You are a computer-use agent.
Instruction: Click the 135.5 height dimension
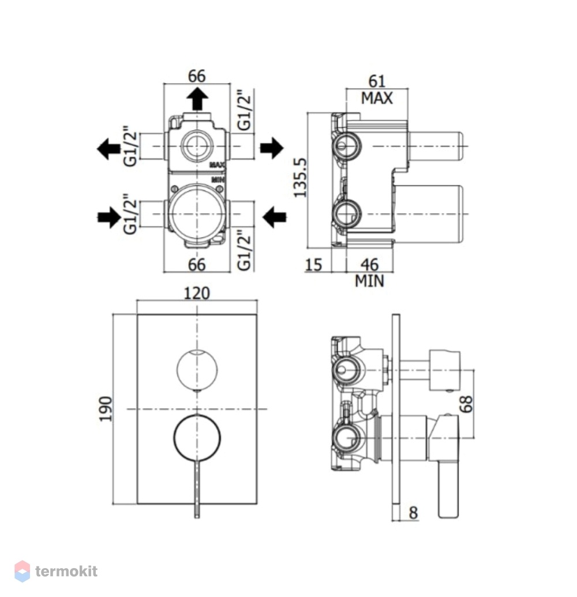click(299, 178)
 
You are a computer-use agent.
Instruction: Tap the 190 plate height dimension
click(106, 409)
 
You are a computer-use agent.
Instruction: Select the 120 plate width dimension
click(197, 293)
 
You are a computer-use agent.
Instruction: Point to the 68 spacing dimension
click(466, 404)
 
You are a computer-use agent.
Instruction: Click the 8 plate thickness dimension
click(413, 513)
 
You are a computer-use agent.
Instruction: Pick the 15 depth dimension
click(313, 265)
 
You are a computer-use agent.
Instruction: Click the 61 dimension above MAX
click(377, 81)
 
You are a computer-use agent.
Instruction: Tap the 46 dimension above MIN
click(369, 265)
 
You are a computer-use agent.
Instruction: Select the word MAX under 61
click(377, 98)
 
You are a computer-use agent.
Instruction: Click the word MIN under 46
click(369, 281)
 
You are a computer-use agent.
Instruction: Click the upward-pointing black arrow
click(197, 99)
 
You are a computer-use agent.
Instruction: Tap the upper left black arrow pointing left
click(109, 148)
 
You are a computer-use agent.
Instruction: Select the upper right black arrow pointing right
click(272, 148)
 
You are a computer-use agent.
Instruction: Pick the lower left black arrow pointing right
click(109, 217)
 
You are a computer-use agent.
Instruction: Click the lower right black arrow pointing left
click(275, 217)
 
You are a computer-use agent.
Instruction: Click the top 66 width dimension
click(197, 76)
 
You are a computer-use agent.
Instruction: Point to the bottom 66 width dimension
click(197, 265)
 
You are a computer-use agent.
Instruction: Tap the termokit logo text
click(66, 571)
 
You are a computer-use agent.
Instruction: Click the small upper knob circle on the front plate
click(177, 369)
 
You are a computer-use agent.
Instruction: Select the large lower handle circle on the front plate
click(174, 438)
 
